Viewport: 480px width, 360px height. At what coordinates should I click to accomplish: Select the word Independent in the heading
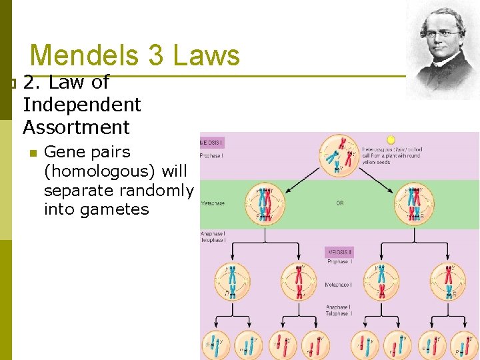click(82, 105)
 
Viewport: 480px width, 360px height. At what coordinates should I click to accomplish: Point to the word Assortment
click(76, 127)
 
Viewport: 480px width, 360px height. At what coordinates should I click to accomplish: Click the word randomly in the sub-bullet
click(157, 191)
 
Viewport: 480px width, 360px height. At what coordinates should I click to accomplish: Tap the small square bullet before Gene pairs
click(31, 153)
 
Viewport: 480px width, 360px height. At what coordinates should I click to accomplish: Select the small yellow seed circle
click(391, 140)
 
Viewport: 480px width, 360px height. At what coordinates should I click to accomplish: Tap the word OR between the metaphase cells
click(340, 203)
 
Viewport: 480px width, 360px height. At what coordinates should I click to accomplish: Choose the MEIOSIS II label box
click(339, 252)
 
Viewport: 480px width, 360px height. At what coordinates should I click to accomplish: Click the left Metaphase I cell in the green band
click(265, 202)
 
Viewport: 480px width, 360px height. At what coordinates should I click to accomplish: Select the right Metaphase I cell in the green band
click(414, 202)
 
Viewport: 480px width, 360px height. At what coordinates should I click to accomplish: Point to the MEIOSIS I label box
click(213, 143)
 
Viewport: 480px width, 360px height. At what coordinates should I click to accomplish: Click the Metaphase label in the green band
click(213, 203)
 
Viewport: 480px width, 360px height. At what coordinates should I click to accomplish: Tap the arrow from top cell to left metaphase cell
click(297, 176)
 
